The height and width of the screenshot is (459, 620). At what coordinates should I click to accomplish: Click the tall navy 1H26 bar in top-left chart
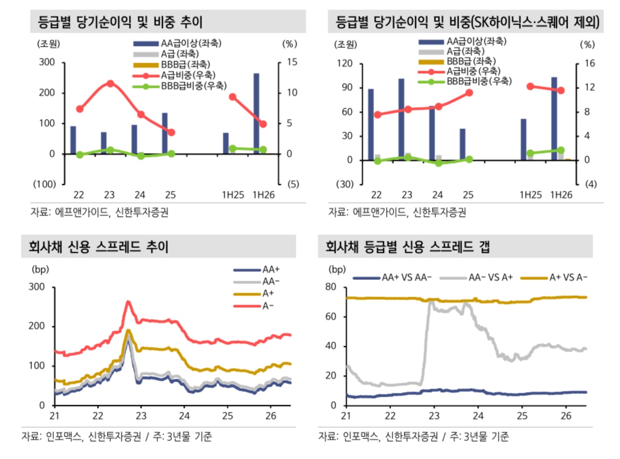pos(256,113)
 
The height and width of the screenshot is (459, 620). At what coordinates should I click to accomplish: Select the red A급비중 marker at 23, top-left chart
pos(111,83)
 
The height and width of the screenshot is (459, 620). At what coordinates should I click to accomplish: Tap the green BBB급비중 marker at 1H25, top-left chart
pos(233,148)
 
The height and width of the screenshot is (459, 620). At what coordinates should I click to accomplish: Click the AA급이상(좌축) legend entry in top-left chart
pos(177,43)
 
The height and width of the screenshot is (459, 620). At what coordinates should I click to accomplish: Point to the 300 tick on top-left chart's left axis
pos(47,62)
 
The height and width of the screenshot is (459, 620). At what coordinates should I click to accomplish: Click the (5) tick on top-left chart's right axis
pos(293,184)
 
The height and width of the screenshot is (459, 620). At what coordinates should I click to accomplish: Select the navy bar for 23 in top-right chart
pos(401,119)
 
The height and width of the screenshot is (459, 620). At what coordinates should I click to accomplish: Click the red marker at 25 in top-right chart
pos(469,93)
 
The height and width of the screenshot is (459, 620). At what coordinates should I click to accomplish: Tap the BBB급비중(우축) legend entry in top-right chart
pos(464,81)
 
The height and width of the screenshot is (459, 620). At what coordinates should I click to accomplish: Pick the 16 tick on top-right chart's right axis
pos(590,64)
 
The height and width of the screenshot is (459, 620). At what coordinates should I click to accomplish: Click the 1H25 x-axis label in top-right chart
pos(530,195)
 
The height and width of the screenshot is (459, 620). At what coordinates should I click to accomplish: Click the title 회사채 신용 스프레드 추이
pos(98,247)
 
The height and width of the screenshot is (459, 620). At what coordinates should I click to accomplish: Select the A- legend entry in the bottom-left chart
pos(254,306)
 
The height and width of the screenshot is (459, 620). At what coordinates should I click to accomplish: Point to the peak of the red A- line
pos(128,301)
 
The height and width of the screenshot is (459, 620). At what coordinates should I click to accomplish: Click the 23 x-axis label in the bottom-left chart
pos(141,416)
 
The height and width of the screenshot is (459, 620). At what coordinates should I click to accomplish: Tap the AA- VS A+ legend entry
pos(476,278)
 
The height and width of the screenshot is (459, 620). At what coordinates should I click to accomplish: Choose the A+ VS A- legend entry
pos(554,278)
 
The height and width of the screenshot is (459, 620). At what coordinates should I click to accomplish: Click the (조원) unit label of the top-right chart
pos(346,44)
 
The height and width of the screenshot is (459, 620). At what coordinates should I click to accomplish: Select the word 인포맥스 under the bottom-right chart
pos(360,436)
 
